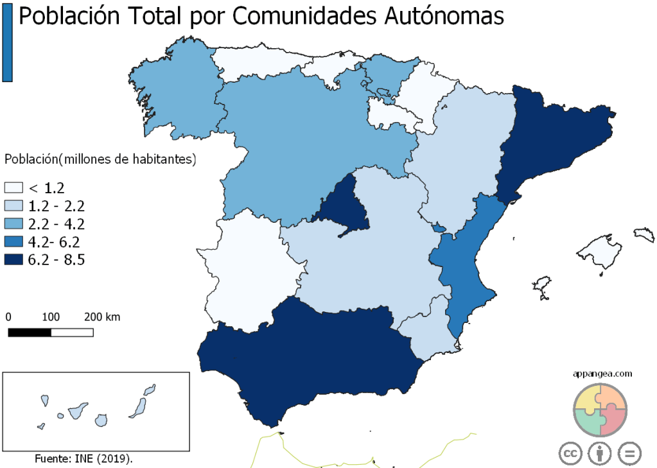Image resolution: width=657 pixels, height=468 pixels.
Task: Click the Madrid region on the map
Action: coord(344,205)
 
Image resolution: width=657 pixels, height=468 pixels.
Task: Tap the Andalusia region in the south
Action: coord(308,360)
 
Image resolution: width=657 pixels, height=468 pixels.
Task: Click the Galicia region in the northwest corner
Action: coord(173,90)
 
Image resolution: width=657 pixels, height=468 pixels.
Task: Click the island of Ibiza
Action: coord(543,285)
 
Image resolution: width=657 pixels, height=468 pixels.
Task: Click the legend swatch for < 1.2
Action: coord(13,188)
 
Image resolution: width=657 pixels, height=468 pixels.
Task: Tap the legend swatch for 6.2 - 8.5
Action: coord(13,260)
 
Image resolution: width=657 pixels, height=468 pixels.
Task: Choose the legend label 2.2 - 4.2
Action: coord(57,224)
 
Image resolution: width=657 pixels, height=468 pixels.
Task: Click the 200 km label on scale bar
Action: coord(102,317)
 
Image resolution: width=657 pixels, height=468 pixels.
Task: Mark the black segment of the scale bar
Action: coord(30,333)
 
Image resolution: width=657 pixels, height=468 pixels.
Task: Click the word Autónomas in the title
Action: coord(444,17)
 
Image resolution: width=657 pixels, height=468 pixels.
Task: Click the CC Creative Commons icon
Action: coord(570,453)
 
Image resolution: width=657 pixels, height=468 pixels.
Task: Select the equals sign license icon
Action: coord(629,453)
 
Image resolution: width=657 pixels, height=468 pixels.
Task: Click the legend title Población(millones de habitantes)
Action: coord(100,159)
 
